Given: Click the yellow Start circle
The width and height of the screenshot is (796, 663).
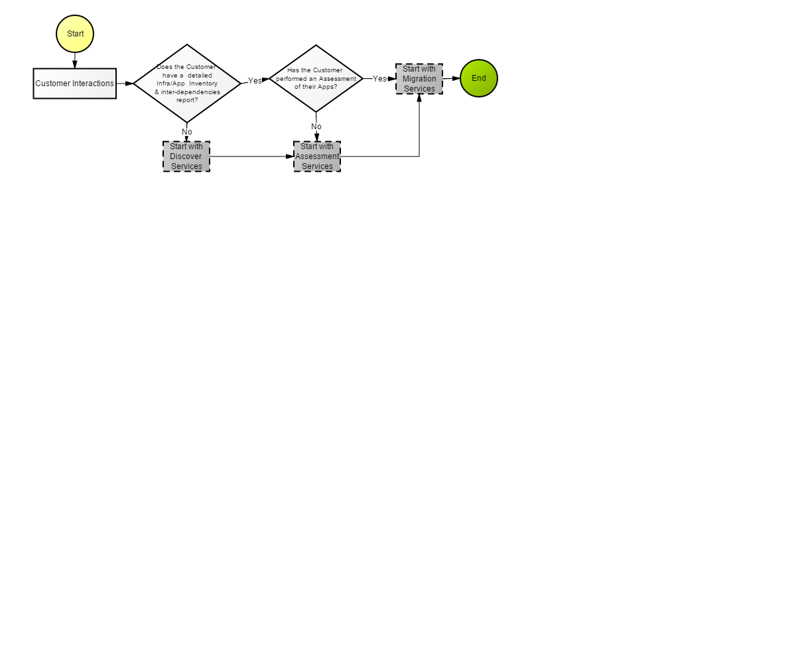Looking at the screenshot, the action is [75, 34].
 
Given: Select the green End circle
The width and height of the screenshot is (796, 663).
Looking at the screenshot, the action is [479, 78].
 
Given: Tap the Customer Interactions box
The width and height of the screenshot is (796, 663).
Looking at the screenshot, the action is [75, 84].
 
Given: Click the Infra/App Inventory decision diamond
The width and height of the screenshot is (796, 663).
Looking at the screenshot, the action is [187, 84].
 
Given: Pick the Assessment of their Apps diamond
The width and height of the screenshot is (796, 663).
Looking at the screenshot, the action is [316, 78].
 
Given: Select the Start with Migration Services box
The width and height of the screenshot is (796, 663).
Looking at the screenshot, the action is [419, 79].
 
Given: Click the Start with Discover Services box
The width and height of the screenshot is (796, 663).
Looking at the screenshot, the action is [186, 156].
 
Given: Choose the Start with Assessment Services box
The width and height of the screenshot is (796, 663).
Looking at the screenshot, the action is [317, 156].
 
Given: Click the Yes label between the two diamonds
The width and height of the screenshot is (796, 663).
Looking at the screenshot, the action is [255, 81].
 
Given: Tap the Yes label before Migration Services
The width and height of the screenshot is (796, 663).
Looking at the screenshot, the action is [379, 78].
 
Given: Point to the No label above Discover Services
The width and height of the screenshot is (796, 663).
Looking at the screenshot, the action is [187, 132].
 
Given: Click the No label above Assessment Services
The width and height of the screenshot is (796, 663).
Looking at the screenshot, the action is [316, 127].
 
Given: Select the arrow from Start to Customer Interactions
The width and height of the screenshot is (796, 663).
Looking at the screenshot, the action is [75, 60].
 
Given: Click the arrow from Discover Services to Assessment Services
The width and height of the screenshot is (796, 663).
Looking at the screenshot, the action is [251, 156].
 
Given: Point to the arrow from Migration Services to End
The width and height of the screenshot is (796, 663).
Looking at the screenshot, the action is [451, 78].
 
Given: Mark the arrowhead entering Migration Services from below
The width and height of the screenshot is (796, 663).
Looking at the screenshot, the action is [419, 98].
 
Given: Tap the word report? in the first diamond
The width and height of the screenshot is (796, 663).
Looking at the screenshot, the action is [187, 100].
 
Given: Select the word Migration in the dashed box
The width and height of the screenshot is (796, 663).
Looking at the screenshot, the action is [419, 79].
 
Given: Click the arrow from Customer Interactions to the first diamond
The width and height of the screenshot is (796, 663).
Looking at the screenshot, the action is [125, 84].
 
